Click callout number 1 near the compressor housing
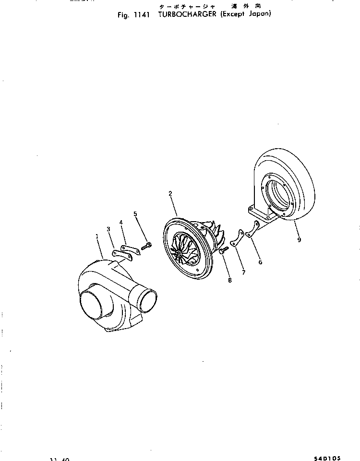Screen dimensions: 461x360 [x=97, y=236]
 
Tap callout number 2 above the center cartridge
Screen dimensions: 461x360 [x=170, y=194]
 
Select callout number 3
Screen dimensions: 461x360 [x=109, y=229]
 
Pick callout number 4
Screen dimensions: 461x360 [x=121, y=222]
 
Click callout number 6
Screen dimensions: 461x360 [x=260, y=262]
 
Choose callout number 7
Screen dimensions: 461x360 [x=243, y=272]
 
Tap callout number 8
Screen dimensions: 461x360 [x=229, y=280]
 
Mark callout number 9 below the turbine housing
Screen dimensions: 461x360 [x=299, y=239]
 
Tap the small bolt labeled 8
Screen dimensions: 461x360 [x=222, y=250]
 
